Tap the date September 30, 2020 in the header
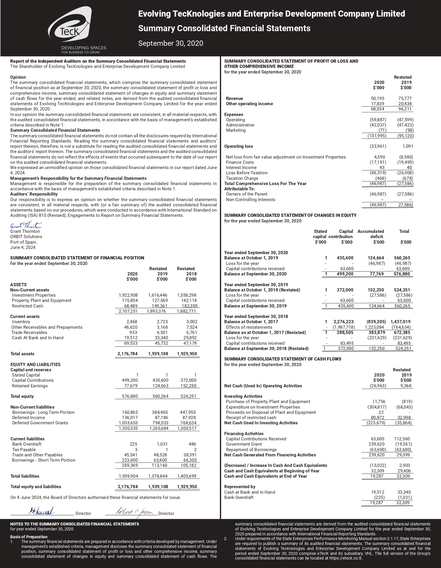[170, 43]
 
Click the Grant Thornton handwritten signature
[26, 226]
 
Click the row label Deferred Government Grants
[40, 423]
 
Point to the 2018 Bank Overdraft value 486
[192, 444]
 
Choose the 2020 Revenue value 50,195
[377, 99]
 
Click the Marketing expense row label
[236, 130]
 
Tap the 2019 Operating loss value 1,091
[407, 146]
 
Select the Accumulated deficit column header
[371, 234]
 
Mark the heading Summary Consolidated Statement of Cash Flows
[283, 359]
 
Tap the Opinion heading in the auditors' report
[18, 77]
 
